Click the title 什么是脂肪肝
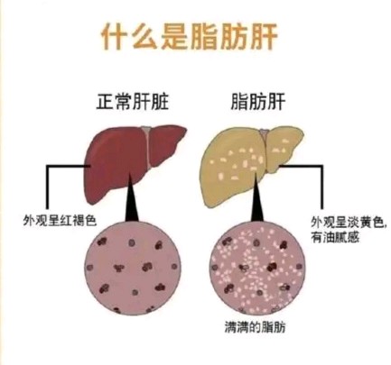(189, 37)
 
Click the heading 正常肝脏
(133, 102)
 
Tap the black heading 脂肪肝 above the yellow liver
(257, 102)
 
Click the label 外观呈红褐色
(60, 220)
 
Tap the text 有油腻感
(335, 238)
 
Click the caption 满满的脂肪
(255, 327)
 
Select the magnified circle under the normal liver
(134, 267)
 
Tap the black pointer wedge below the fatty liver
(256, 198)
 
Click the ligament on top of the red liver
(146, 141)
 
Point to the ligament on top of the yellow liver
(265, 141)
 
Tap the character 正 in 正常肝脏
(106, 102)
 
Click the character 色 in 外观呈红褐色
(90, 220)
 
